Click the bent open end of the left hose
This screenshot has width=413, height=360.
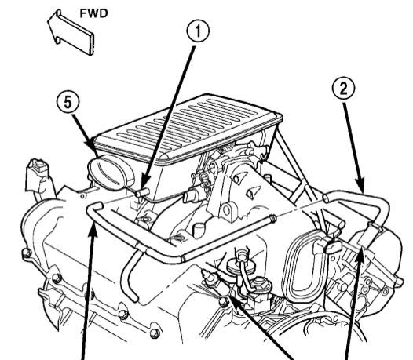coord(95,207)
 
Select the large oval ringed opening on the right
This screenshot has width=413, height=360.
coord(299,260)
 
